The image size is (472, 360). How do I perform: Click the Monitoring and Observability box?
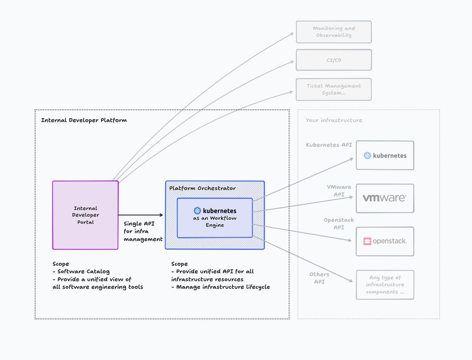(334, 32)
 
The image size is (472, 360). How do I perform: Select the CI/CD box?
(334, 60)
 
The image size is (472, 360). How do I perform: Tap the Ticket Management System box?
(334, 90)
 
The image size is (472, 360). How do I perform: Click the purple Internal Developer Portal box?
(85, 215)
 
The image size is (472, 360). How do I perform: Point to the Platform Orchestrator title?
(202, 188)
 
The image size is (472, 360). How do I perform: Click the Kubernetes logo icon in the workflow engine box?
(198, 211)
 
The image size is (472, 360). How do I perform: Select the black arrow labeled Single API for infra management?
(141, 215)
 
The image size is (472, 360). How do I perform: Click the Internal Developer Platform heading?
(84, 120)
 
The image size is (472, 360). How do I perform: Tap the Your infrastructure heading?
(334, 120)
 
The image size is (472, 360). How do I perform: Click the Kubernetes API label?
(329, 145)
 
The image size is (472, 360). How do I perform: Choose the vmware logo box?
(385, 198)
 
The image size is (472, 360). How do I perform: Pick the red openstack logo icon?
(367, 241)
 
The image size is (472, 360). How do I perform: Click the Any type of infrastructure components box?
(385, 285)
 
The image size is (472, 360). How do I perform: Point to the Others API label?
(319, 278)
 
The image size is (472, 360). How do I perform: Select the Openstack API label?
(339, 224)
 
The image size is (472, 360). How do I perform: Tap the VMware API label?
(339, 191)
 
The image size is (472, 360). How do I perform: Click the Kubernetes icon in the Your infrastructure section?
(367, 156)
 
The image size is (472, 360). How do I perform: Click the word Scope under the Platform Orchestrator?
(179, 264)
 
